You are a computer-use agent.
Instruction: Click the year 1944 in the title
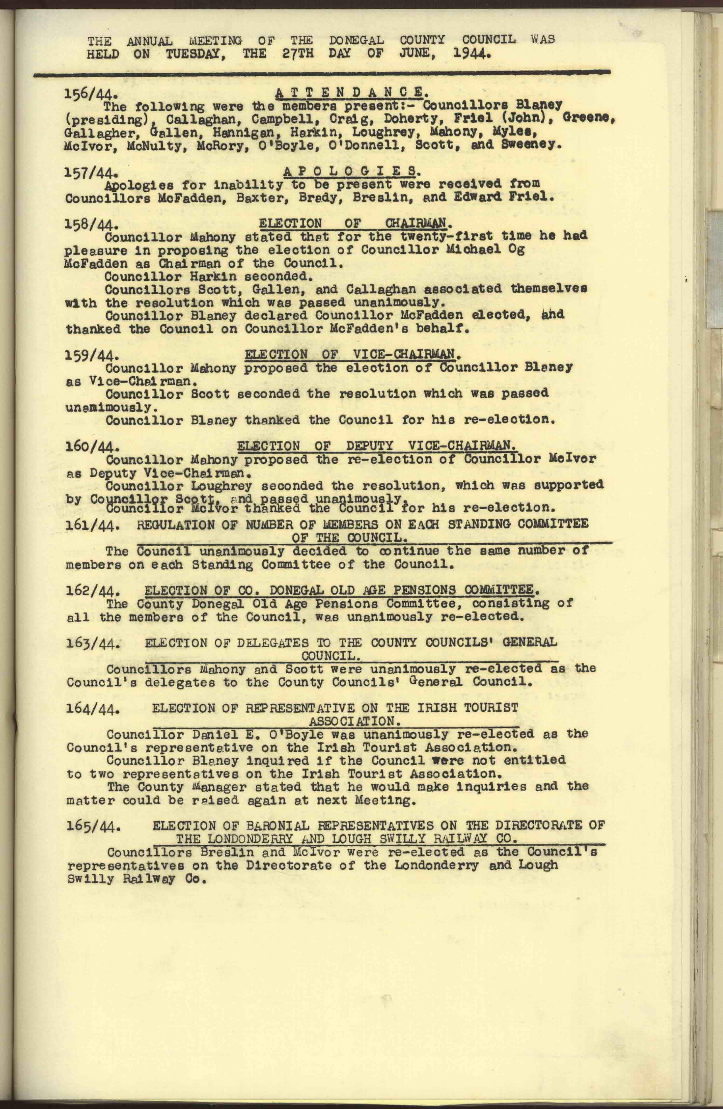coord(472,54)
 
